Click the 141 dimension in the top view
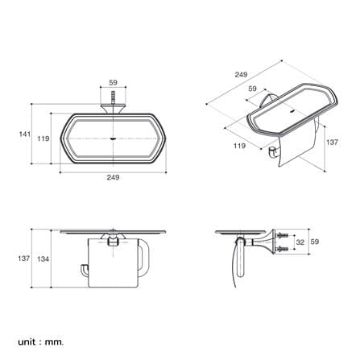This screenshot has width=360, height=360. click(25, 134)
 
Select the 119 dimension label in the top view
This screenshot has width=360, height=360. click(43, 139)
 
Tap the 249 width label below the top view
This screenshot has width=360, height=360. click(113, 177)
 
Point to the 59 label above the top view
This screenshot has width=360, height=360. click(114, 82)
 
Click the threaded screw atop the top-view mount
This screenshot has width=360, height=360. click(114, 97)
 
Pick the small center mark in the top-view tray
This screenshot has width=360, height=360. click(114, 139)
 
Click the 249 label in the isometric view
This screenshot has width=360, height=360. click(241, 74)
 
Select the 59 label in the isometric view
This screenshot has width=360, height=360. click(253, 89)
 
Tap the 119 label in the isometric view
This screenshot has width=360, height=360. click(239, 146)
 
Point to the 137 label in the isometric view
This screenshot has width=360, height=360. click(332, 143)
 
